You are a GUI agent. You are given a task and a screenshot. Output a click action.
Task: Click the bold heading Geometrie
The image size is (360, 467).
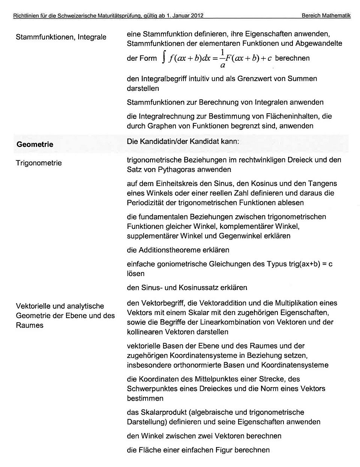pyautogui.click(x=35, y=144)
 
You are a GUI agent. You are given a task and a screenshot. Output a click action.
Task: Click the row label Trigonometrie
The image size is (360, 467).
pyautogui.click(x=39, y=163)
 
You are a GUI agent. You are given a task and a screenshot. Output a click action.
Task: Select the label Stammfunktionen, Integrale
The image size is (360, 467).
pyautogui.click(x=61, y=37)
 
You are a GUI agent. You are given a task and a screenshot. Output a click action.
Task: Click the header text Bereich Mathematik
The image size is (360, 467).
pyautogui.click(x=325, y=16)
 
